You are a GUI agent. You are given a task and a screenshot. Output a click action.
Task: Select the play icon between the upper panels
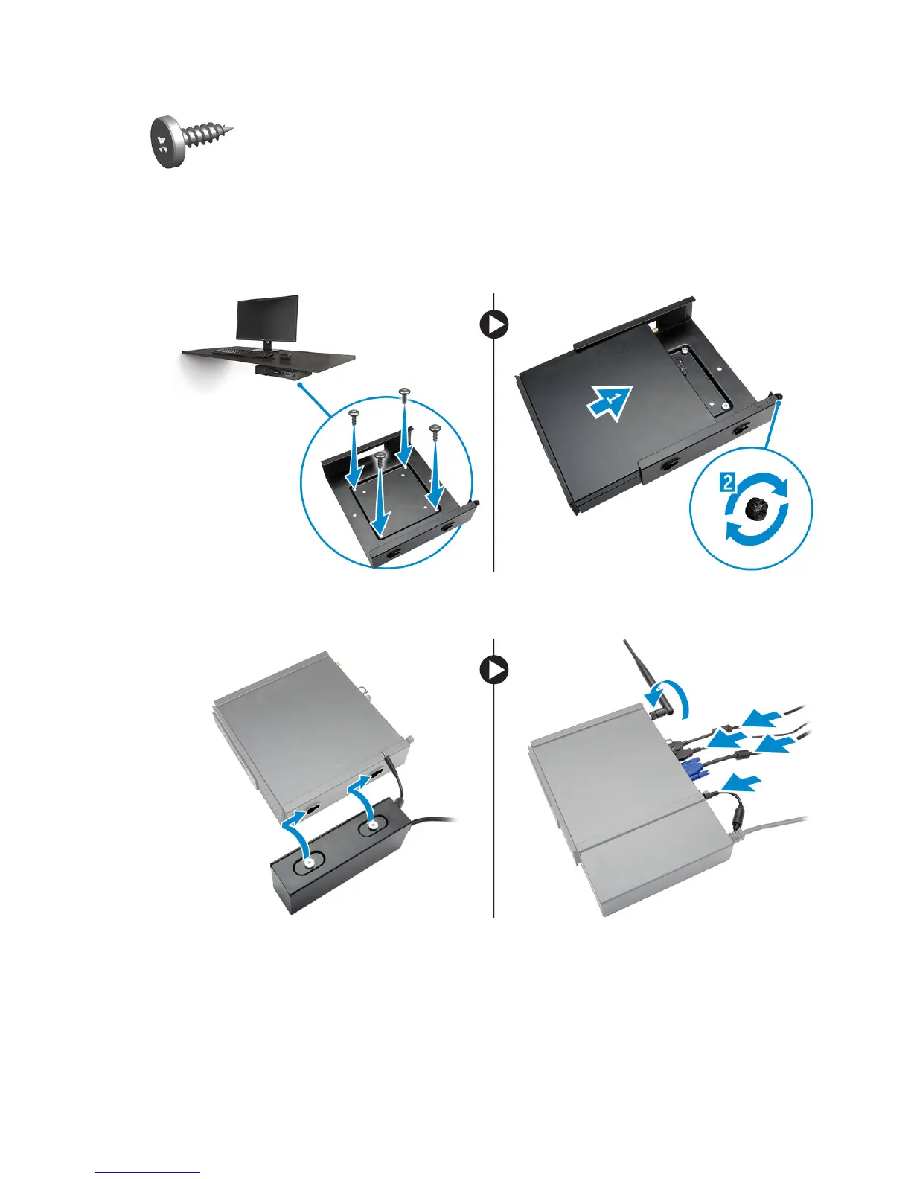pos(494,325)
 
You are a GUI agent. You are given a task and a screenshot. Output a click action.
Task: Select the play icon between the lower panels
pos(494,671)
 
